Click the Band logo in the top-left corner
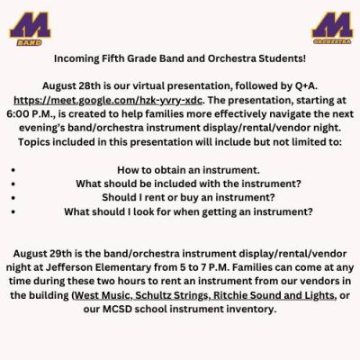point(30,29)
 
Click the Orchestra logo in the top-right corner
point(332,28)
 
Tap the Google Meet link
point(108,100)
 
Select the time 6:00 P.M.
point(31,114)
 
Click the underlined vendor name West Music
point(102,295)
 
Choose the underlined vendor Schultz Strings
point(171,295)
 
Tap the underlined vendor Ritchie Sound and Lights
point(274,295)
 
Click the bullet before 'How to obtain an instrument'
point(13,170)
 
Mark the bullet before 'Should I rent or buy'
point(13,198)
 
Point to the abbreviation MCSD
point(117,309)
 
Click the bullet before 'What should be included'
point(13,184)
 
